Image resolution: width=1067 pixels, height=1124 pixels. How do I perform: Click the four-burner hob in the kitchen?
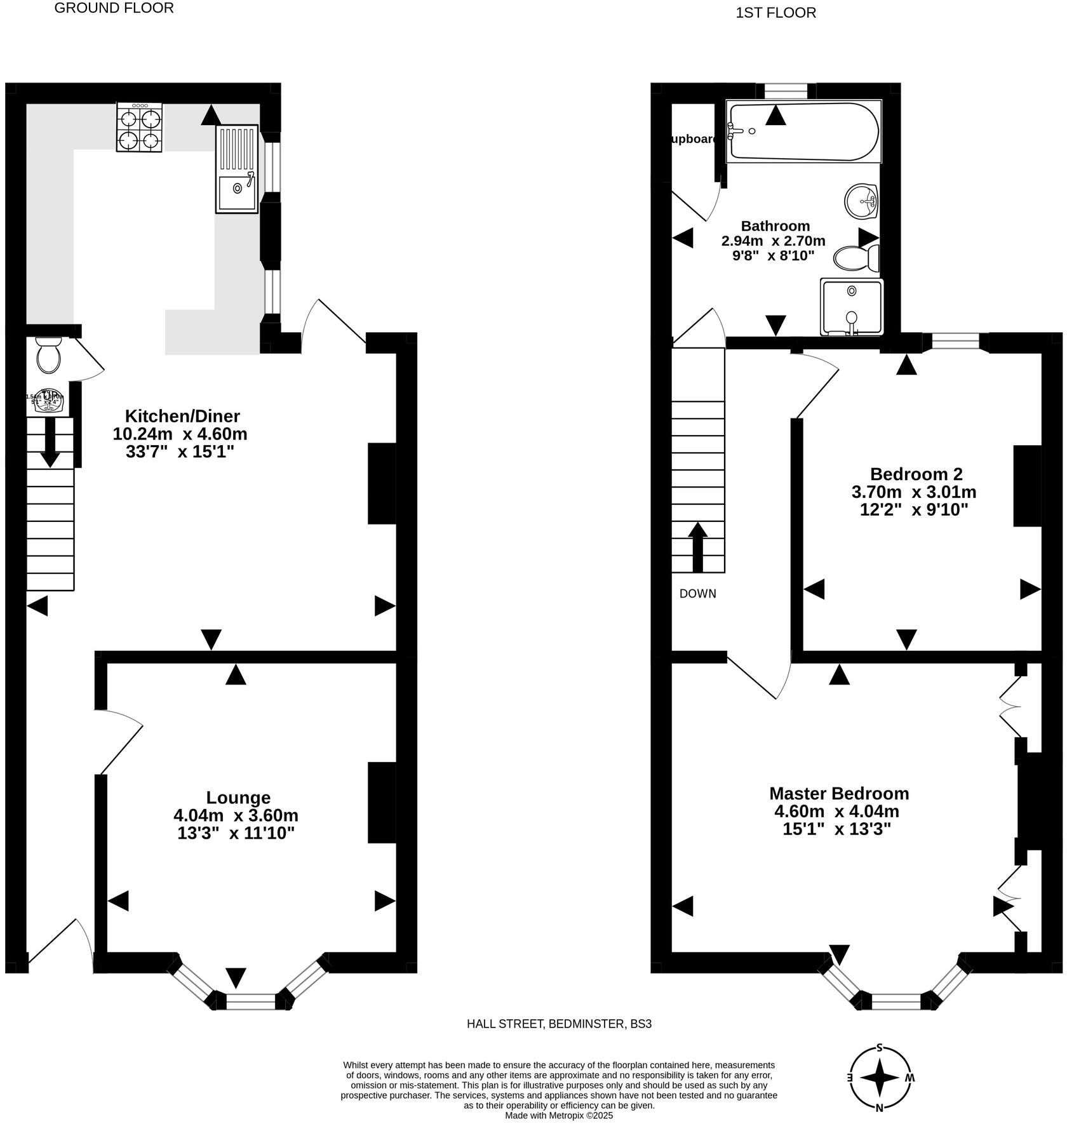tap(139, 128)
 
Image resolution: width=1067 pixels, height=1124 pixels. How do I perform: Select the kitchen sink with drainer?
tap(237, 169)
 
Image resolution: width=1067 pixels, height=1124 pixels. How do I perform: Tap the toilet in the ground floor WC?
tap(48, 356)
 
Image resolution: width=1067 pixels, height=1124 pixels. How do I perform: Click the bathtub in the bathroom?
tap(803, 131)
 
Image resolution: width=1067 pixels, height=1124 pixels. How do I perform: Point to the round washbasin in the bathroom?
tap(861, 201)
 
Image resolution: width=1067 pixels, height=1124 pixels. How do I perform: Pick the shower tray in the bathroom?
tap(851, 307)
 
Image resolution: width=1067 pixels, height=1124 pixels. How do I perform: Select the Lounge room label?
tap(238, 798)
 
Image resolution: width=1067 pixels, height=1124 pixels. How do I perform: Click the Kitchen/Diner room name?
tap(182, 416)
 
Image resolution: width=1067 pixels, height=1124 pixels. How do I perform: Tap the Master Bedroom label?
tap(839, 794)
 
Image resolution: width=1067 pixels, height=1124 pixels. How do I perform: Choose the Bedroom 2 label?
tap(916, 474)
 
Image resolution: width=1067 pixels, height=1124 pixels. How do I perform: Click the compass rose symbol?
tap(880, 1078)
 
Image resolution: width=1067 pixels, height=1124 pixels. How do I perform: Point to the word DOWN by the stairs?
tap(697, 594)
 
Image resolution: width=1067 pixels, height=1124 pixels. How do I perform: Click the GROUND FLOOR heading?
tap(114, 8)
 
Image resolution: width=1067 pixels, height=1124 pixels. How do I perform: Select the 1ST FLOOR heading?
tap(775, 13)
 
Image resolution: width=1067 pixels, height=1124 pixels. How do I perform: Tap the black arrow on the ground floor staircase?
tap(50, 443)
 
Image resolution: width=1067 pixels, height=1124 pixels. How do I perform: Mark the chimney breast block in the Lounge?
tap(382, 803)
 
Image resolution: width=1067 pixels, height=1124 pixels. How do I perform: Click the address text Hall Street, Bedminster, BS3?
tap(559, 1024)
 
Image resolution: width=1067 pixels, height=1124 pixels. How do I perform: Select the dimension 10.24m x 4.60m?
tap(180, 434)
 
